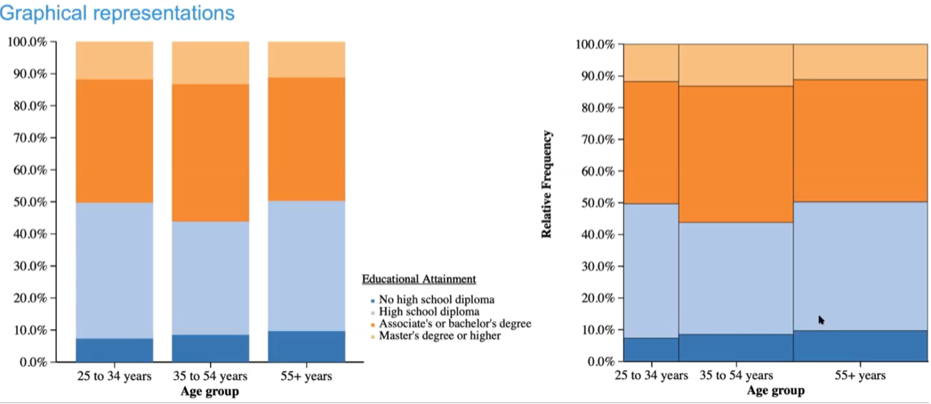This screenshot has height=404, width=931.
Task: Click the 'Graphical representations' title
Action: (x=118, y=13)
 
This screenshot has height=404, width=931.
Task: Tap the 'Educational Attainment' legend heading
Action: (x=419, y=279)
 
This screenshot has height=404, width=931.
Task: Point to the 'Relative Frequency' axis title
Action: (x=547, y=184)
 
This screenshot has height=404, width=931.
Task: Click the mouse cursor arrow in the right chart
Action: (x=821, y=319)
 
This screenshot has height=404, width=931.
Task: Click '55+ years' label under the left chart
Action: (x=306, y=376)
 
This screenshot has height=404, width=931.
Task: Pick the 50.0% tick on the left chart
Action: (x=28, y=202)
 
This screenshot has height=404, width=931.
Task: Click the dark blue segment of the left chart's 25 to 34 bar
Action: (x=114, y=350)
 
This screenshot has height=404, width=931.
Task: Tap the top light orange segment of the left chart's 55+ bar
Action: (x=306, y=59)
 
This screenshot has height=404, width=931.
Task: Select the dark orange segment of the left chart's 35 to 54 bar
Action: (x=210, y=152)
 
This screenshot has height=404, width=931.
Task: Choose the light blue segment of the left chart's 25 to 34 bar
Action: (x=114, y=271)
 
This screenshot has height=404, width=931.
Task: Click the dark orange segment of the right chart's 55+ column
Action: (x=860, y=141)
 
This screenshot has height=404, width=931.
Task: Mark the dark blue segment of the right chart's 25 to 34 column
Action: (x=650, y=350)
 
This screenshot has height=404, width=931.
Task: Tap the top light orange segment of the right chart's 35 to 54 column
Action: (x=735, y=65)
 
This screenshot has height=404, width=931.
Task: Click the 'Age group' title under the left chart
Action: (x=211, y=392)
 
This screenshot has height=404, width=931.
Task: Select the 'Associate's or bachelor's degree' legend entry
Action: (x=455, y=324)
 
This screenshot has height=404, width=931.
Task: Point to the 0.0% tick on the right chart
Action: (x=598, y=362)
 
